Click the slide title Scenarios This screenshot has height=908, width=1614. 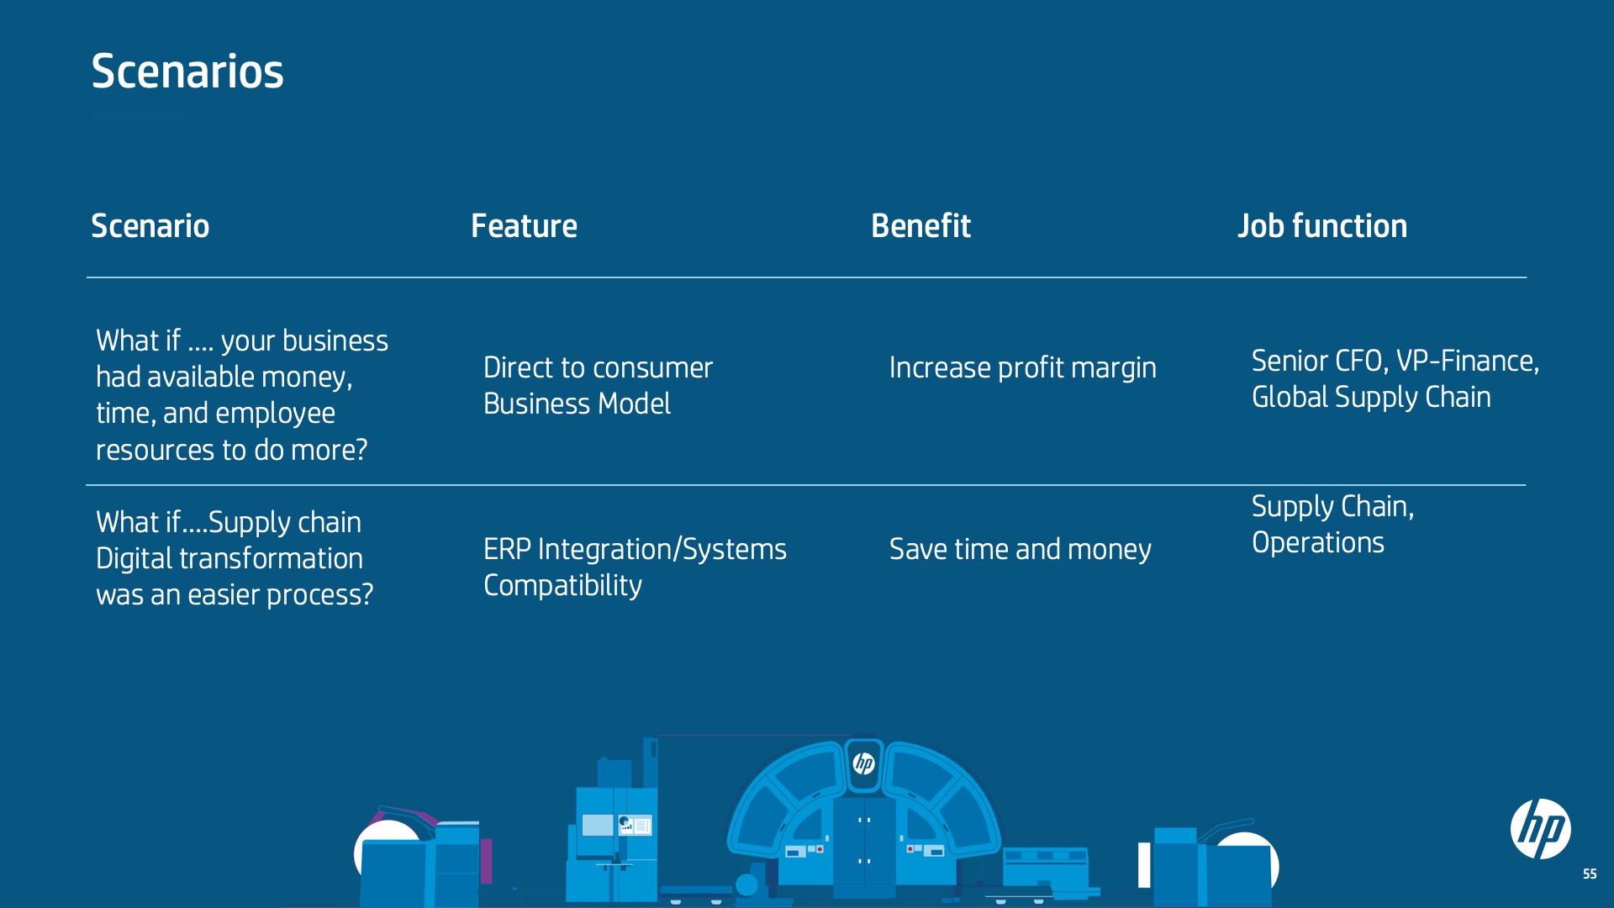click(x=187, y=71)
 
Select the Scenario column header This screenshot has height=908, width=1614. click(x=150, y=225)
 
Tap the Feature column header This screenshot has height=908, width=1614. click(x=524, y=225)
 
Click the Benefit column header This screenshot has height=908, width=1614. click(x=920, y=225)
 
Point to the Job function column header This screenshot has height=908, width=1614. click(x=1322, y=225)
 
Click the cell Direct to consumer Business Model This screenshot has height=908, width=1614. click(x=598, y=386)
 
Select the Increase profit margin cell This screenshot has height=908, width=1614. click(x=1022, y=367)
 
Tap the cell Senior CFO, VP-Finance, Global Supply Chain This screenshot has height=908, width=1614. click(x=1395, y=378)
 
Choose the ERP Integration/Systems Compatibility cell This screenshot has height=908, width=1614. click(x=635, y=567)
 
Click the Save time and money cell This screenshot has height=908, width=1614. click(x=1020, y=549)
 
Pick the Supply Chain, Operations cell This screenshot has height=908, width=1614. click(x=1333, y=524)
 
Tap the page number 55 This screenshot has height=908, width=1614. click(x=1590, y=874)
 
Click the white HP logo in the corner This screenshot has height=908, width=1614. click(x=1541, y=829)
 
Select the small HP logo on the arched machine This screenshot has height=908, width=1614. click(x=863, y=763)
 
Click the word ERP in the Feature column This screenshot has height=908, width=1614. click(x=507, y=549)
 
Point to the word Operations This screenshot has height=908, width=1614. click(x=1318, y=542)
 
